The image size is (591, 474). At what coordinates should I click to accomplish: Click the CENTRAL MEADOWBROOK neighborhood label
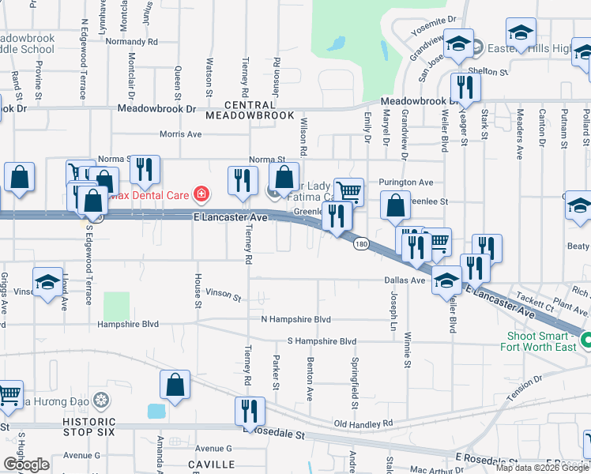click(x=249, y=110)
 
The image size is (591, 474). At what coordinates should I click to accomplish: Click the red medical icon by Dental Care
click(x=201, y=193)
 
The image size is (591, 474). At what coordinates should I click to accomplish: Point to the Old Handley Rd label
click(x=363, y=424)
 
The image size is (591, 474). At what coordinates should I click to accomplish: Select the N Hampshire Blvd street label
click(x=295, y=319)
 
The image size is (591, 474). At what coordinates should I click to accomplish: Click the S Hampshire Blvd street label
click(x=322, y=340)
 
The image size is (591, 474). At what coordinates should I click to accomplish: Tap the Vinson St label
click(x=223, y=295)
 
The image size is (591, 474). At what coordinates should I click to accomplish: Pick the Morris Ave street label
click(x=180, y=134)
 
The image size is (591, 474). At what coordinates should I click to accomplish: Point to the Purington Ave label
click(x=406, y=182)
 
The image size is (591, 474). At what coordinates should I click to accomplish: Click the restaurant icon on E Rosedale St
click(x=250, y=412)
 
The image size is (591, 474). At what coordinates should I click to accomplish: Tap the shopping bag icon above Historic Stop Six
click(x=175, y=385)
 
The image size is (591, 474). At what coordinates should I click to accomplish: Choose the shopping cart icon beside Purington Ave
click(x=348, y=191)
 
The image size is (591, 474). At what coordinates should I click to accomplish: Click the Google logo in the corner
click(x=26, y=465)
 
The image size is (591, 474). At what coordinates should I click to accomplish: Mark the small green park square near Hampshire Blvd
click(x=116, y=306)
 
